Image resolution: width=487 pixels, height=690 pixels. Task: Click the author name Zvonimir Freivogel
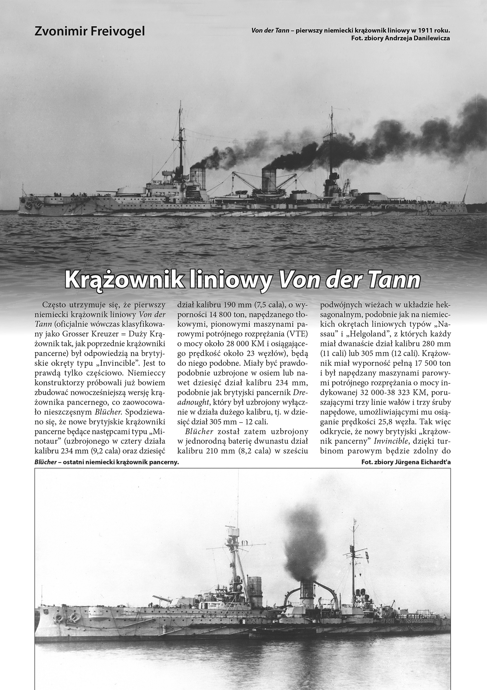click(x=90, y=31)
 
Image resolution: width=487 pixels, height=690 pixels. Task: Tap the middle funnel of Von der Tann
click(x=269, y=180)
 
